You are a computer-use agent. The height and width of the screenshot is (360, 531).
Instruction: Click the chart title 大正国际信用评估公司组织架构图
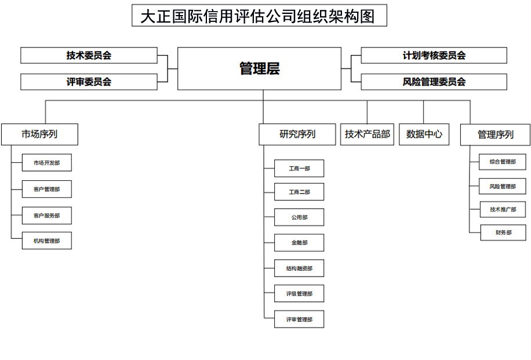click(259, 15)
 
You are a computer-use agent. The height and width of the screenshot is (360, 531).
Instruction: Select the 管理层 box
click(259, 68)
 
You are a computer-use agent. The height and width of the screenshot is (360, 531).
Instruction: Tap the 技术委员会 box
click(89, 55)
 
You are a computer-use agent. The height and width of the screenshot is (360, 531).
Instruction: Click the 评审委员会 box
click(89, 82)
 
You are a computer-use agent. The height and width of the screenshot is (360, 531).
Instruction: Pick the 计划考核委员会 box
click(434, 55)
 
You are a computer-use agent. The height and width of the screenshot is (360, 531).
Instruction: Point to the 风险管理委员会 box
click(434, 82)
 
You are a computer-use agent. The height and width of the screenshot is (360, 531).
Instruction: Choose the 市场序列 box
click(39, 134)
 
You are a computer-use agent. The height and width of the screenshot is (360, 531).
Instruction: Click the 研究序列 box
click(297, 134)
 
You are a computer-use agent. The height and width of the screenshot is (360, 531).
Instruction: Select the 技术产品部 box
click(367, 134)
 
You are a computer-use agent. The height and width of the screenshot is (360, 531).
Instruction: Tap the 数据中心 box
click(424, 134)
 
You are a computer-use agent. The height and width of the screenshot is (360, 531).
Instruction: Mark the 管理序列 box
click(495, 135)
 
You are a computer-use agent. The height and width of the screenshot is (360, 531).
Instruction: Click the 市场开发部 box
click(47, 162)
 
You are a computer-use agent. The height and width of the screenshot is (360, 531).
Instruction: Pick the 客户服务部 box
click(47, 216)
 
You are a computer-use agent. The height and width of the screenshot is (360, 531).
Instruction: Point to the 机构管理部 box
click(47, 241)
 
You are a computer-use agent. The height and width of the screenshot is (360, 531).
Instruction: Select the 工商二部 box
click(299, 192)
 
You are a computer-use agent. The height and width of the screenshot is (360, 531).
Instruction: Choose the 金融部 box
click(299, 242)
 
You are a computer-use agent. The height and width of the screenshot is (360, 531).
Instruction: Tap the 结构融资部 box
click(299, 268)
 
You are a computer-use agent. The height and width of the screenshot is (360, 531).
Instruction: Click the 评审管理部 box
click(299, 319)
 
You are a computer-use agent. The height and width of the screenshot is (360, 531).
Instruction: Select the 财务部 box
click(503, 232)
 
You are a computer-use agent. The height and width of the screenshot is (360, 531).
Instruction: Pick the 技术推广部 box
click(503, 209)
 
